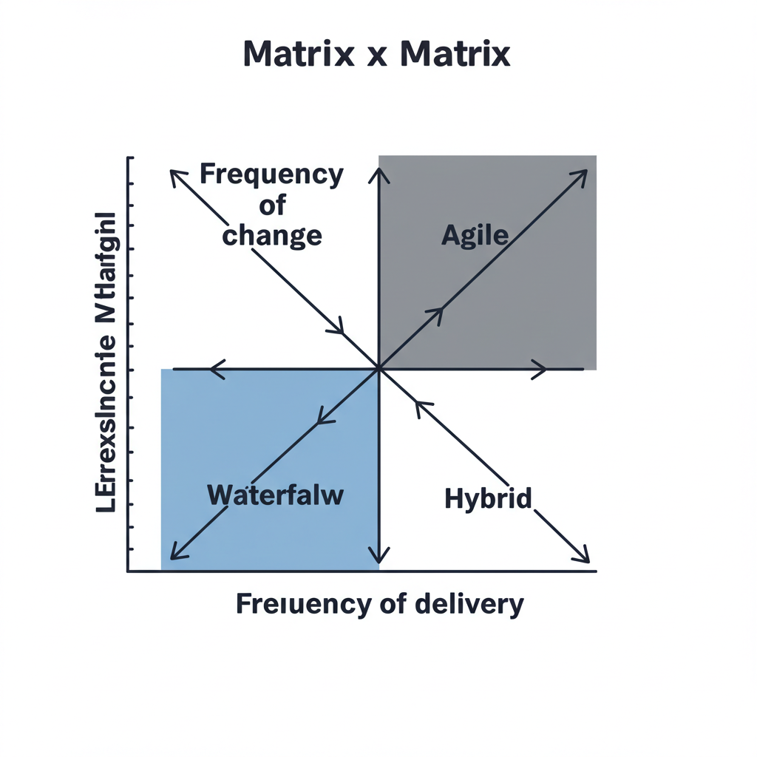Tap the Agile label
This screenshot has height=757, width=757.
475,235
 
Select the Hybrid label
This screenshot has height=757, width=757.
488,499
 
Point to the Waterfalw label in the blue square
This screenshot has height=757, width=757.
276,495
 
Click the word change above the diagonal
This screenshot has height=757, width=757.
272,235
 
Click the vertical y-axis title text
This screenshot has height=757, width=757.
106,363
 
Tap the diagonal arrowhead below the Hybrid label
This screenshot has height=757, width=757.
583,556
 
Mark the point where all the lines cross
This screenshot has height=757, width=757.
378,368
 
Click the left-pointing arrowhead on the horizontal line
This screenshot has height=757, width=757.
216,368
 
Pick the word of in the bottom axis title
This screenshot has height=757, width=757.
390,604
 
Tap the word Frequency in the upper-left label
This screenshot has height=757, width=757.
271,175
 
